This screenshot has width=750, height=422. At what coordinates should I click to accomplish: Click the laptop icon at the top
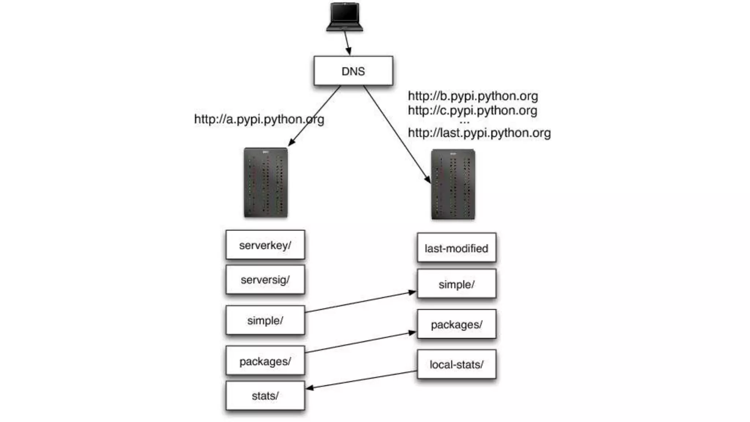[345, 17]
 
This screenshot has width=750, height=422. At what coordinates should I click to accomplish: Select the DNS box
[353, 71]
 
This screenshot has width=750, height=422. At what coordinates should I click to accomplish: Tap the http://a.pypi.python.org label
[259, 119]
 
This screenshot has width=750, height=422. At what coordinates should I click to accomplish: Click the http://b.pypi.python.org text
[473, 96]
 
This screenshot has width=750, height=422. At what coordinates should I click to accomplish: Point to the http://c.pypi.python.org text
[472, 110]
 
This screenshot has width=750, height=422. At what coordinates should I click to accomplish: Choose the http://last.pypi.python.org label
[479, 133]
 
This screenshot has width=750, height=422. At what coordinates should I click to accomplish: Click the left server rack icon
[266, 182]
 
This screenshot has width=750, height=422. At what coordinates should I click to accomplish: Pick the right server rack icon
[453, 184]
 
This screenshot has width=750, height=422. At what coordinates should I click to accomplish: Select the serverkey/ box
[265, 245]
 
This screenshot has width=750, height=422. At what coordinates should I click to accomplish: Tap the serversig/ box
[265, 280]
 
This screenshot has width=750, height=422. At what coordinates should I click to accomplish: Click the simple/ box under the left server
[265, 320]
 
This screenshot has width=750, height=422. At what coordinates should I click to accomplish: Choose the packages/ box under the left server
[265, 361]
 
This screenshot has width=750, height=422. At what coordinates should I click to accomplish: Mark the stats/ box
[265, 396]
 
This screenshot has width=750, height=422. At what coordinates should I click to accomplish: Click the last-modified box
[456, 248]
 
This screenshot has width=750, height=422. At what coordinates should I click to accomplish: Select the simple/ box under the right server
[456, 284]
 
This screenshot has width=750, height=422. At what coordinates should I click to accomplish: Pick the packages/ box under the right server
[456, 324]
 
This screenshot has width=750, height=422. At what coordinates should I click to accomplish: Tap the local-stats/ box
[456, 364]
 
